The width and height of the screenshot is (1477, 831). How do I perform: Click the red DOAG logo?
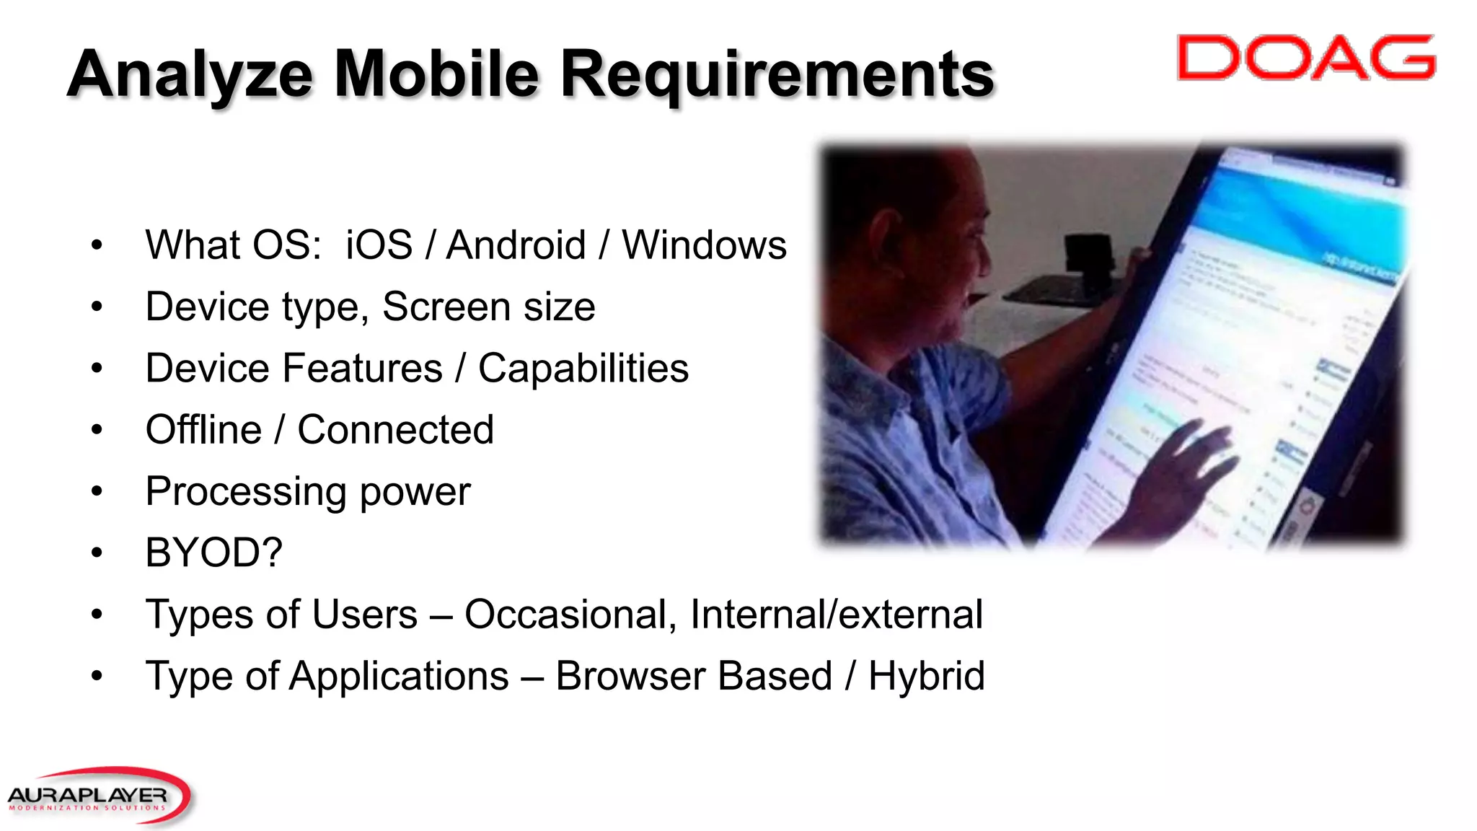tap(1305, 57)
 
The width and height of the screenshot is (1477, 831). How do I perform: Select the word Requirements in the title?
tap(777, 75)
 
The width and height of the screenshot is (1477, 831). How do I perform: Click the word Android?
tap(516, 245)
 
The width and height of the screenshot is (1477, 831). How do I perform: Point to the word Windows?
tap(704, 245)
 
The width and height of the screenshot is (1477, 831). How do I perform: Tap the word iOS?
tap(379, 245)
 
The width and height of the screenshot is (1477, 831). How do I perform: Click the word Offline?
tap(203, 430)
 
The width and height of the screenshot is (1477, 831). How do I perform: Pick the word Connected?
tap(395, 430)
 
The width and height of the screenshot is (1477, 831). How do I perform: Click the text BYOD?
tap(213, 553)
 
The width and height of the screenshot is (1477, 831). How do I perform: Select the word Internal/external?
tap(836, 615)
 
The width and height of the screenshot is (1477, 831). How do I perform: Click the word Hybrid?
tap(926, 677)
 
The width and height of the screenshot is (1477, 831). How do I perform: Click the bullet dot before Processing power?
tap(97, 492)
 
